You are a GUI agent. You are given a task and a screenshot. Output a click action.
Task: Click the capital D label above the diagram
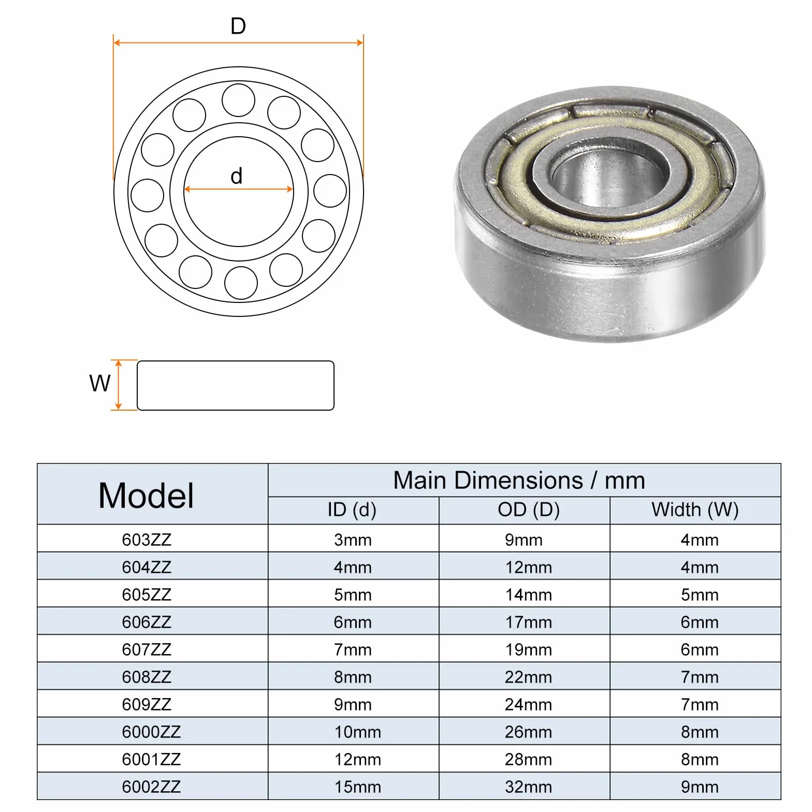238,26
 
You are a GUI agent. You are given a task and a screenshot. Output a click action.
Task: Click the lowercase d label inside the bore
237,176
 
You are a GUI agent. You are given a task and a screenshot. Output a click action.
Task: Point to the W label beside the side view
100,383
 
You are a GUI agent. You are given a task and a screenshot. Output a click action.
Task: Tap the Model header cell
146,496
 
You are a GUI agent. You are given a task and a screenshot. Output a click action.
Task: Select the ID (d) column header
352,510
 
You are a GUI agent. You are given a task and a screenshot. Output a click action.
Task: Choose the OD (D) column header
529,510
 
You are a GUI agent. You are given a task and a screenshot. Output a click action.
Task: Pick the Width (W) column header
695,510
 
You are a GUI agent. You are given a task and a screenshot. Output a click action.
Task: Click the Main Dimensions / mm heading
519,481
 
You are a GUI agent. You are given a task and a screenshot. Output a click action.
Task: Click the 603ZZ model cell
147,540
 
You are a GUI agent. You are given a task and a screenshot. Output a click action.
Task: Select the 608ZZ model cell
147,677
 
